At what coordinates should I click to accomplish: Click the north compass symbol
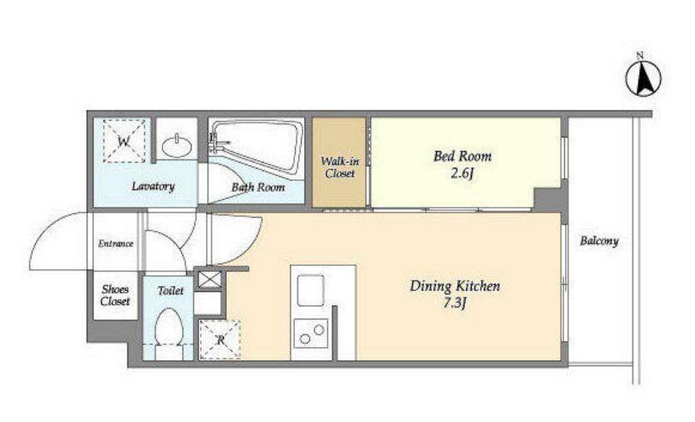(x=643, y=78)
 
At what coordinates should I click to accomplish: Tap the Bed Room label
(x=462, y=156)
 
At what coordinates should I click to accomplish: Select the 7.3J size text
(x=455, y=304)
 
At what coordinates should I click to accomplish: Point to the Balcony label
(x=599, y=241)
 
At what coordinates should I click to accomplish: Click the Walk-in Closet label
(x=339, y=167)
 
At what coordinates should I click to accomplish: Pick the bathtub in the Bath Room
(x=256, y=146)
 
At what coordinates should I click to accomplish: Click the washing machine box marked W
(x=124, y=141)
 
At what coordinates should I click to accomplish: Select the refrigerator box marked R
(x=220, y=339)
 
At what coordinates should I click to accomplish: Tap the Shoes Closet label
(x=115, y=295)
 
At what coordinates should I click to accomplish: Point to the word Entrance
(x=116, y=244)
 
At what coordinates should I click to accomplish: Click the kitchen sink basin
(x=310, y=290)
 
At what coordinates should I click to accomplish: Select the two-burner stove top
(x=311, y=334)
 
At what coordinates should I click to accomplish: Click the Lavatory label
(x=153, y=186)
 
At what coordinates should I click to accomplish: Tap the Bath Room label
(x=258, y=188)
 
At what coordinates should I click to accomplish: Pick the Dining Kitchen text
(x=455, y=286)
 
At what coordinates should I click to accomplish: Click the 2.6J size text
(x=462, y=173)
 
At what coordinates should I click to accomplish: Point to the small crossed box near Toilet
(x=209, y=279)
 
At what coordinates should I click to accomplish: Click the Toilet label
(x=171, y=291)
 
